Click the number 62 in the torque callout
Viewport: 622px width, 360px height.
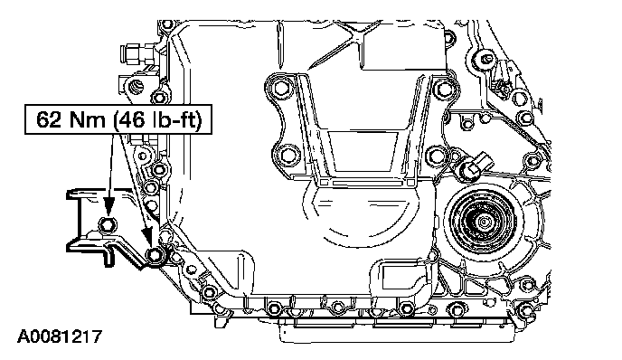[50, 119]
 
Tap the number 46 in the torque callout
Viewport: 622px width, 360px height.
[131, 119]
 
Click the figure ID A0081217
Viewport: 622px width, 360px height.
[59, 337]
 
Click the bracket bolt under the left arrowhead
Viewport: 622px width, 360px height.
[108, 224]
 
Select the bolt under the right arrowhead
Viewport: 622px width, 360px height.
[155, 256]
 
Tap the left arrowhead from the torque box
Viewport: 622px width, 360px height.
[108, 206]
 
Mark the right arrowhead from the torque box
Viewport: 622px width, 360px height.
[148, 237]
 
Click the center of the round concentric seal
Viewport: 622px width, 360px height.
[484, 221]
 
